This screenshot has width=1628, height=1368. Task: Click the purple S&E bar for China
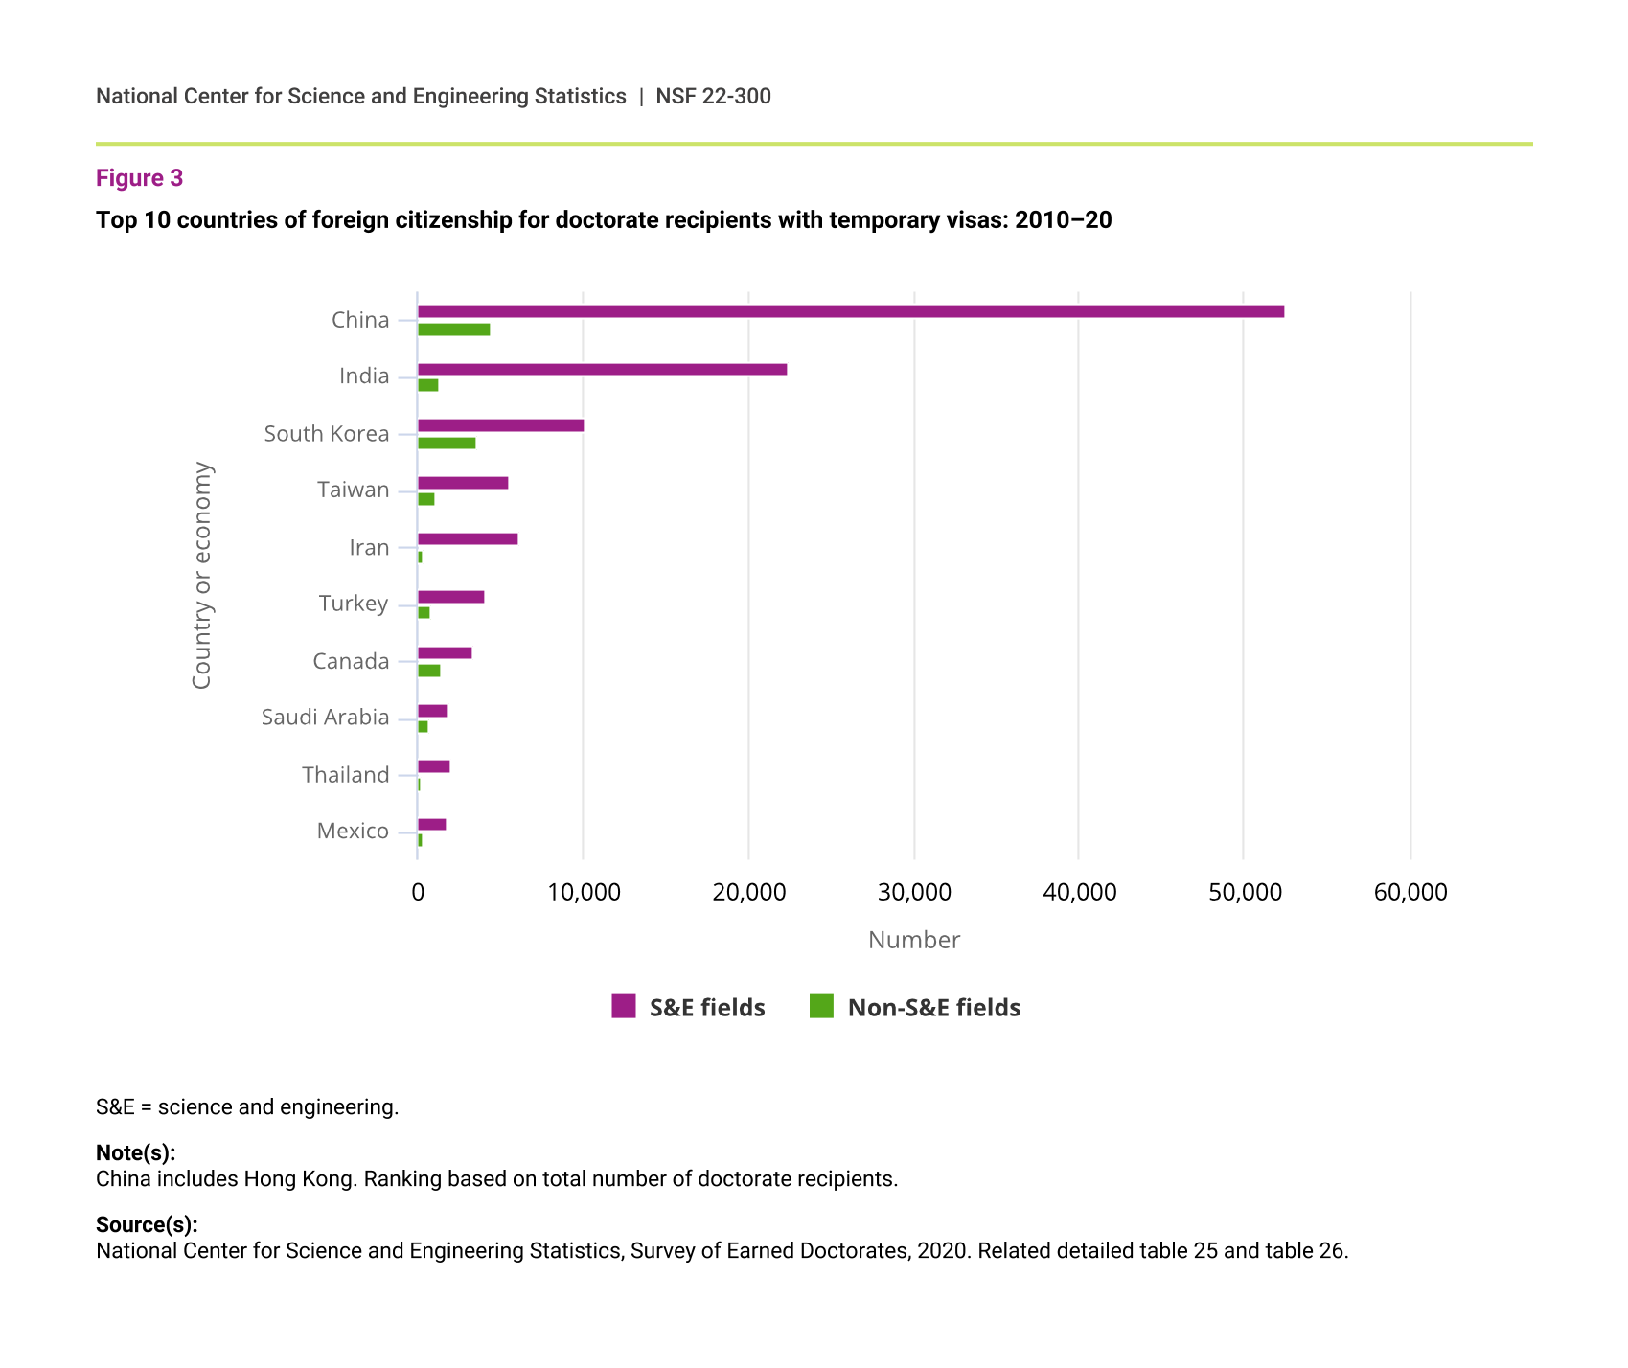[851, 311]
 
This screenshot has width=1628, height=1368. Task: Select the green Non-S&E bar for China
[454, 330]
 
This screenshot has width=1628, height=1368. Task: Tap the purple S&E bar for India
[603, 369]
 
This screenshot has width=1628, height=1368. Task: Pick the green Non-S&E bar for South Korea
[447, 443]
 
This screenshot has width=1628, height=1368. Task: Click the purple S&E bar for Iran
[468, 538]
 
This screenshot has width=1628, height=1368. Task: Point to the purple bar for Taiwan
[463, 483]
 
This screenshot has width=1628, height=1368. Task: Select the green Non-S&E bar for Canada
[429, 671]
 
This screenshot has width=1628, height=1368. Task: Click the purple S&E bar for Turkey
[451, 597]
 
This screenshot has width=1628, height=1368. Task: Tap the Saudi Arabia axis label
[326, 718]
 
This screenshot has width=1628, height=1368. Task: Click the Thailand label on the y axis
[346, 774]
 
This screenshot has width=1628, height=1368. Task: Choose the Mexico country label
[353, 831]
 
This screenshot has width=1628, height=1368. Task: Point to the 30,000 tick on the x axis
[914, 893]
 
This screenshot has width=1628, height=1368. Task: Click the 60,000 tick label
[1410, 893]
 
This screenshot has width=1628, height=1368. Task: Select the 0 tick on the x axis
[418, 893]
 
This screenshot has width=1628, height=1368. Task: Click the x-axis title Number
[914, 940]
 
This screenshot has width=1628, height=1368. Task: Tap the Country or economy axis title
[201, 575]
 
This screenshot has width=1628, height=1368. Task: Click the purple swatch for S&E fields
[624, 1006]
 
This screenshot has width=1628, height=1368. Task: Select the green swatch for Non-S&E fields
[821, 1006]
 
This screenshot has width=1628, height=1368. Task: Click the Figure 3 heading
[139, 178]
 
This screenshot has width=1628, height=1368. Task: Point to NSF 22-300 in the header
[713, 96]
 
